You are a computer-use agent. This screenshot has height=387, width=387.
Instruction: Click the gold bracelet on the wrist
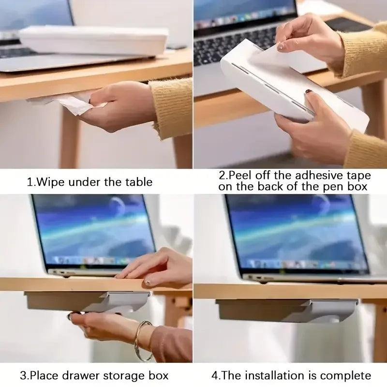tap(143, 341)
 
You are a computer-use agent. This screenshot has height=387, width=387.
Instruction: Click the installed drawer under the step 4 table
tap(287, 311)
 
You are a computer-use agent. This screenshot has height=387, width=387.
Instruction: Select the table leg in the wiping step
tap(69, 136)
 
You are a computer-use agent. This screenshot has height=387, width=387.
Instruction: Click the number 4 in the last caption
tap(214, 376)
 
